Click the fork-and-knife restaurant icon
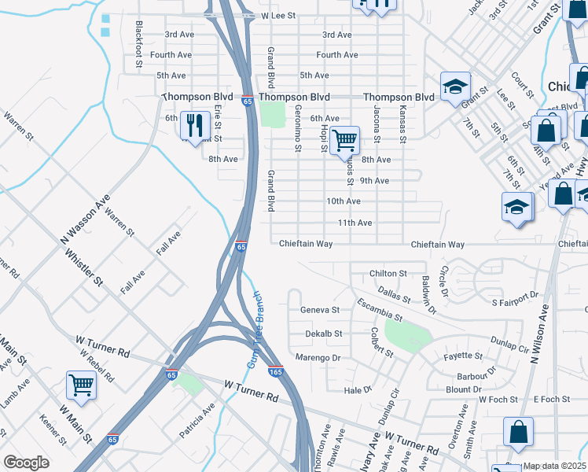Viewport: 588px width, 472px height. (193, 124)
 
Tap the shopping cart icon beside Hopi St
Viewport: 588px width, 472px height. (344, 140)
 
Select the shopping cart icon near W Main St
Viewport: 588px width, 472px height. (82, 385)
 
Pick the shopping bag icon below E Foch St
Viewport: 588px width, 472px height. (519, 431)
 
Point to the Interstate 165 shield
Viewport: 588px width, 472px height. (275, 371)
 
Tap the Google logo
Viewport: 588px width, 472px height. (26, 463)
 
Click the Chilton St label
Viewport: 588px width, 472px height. (388, 274)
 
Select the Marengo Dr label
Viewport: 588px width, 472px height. (318, 358)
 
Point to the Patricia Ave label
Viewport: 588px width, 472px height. (197, 421)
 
